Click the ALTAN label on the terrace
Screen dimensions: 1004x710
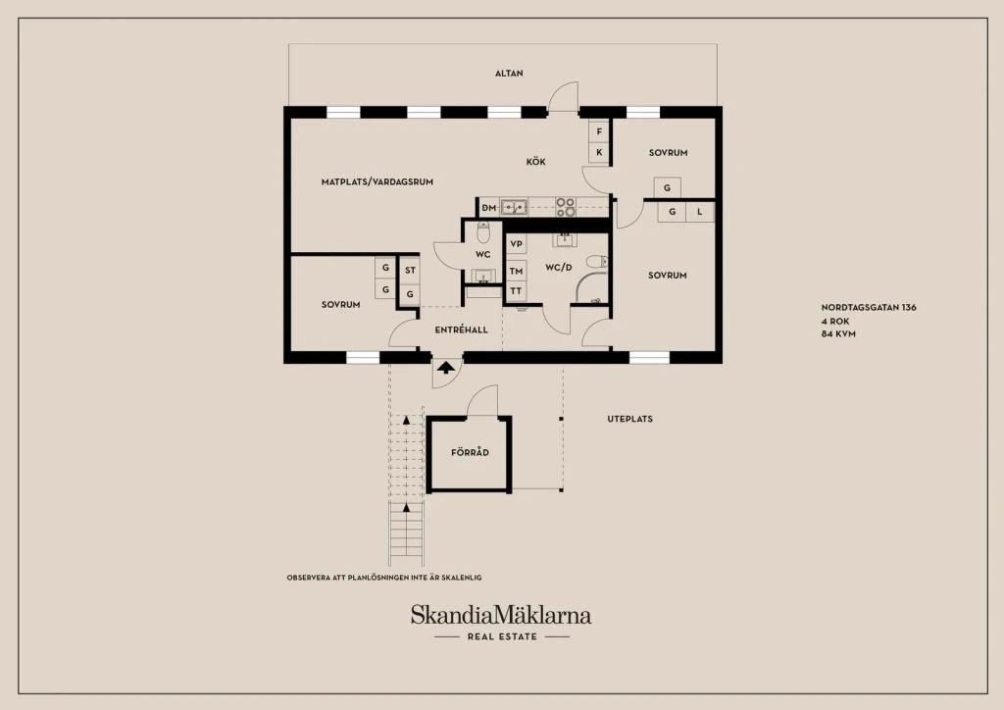509,74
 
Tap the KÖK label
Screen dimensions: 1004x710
536,162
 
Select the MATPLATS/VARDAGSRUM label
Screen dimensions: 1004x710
377,181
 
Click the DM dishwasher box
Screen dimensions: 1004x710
488,208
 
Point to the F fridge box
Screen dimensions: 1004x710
599,131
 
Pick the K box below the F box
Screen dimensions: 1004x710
599,152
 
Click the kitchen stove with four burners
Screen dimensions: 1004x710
566,208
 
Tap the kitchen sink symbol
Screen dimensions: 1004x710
514,208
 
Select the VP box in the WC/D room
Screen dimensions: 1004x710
516,244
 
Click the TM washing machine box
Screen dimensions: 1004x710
516,271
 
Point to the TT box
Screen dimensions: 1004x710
516,291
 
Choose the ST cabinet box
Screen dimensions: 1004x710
410,270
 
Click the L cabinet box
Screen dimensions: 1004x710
700,212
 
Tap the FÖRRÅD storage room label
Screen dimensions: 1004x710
470,453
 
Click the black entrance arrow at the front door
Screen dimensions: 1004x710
446,368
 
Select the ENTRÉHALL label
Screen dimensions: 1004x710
461,330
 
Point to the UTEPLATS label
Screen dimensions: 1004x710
630,420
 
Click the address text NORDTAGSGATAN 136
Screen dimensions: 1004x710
869,307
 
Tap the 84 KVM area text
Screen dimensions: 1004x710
839,334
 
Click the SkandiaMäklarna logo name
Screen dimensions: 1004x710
501,615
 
